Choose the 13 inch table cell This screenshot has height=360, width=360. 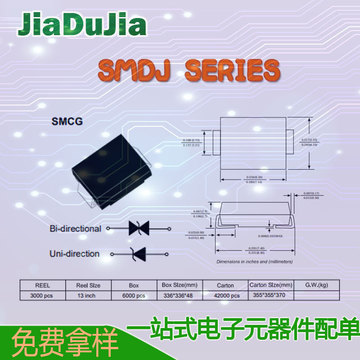coord(90,296)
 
